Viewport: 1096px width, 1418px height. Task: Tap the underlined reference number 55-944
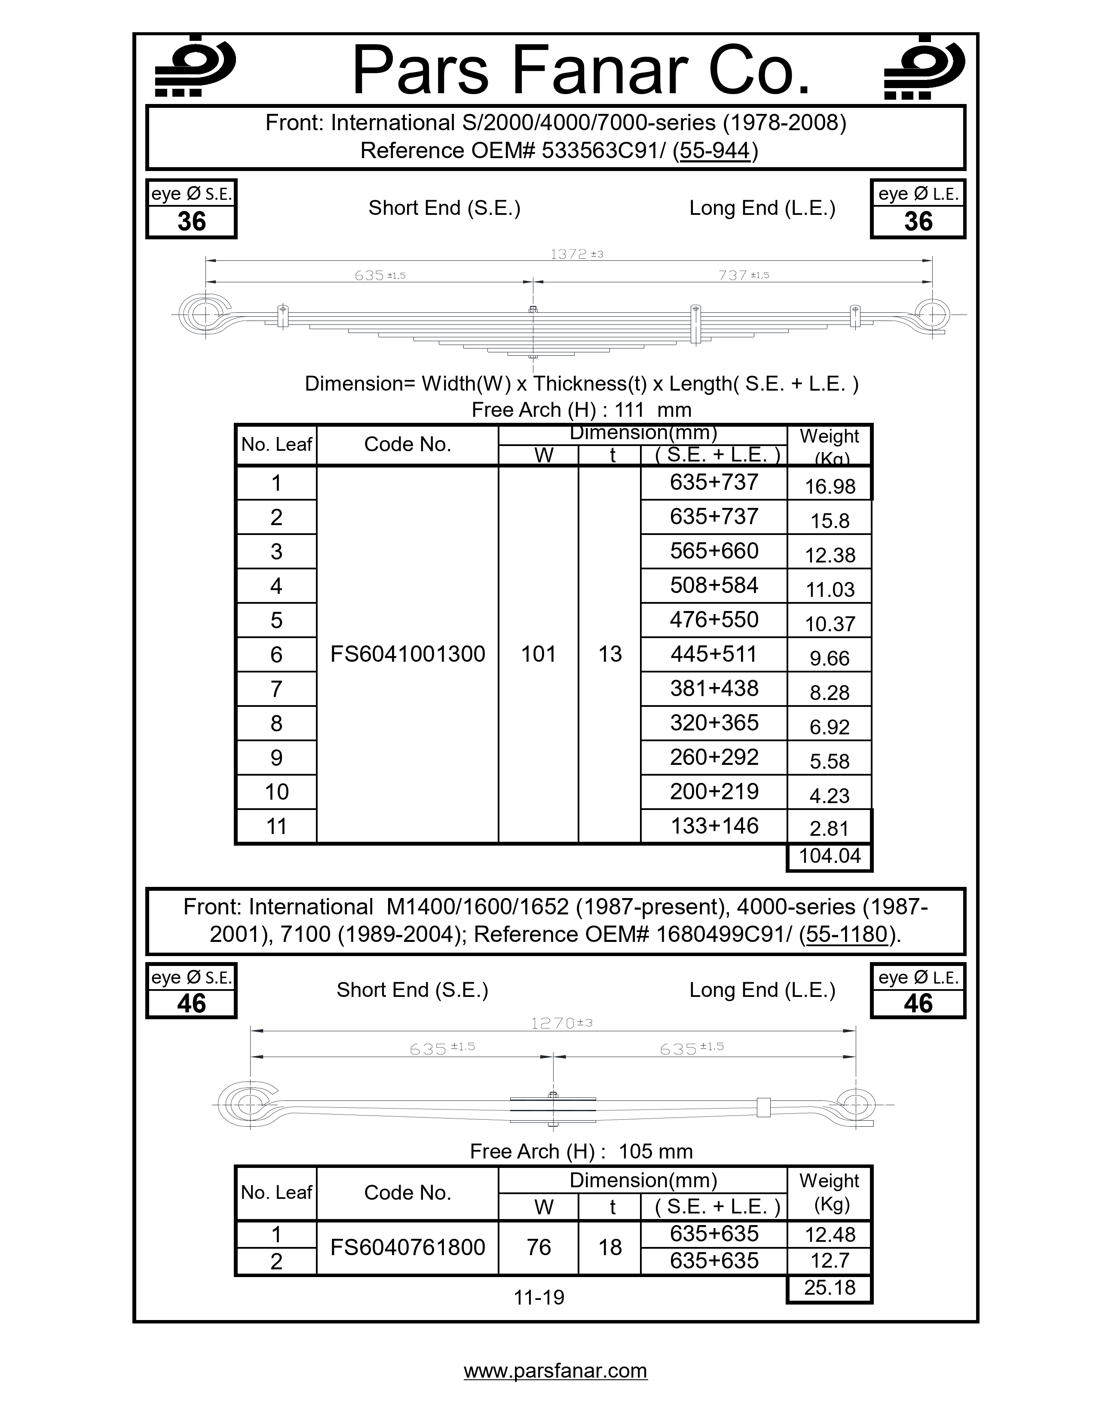(x=715, y=151)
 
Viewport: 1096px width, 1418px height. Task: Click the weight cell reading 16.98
(x=829, y=486)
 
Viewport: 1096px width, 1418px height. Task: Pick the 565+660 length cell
(x=713, y=551)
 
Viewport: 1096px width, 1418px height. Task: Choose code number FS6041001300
(x=407, y=654)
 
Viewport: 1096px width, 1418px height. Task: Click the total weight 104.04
(x=829, y=856)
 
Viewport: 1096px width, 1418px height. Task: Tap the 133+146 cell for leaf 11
(x=713, y=826)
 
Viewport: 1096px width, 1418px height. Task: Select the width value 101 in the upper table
(x=538, y=654)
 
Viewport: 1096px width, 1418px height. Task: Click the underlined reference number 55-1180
(x=846, y=934)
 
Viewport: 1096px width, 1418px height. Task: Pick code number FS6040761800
(x=407, y=1247)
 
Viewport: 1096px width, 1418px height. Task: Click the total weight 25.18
(x=829, y=1287)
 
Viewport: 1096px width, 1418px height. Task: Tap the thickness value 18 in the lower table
(x=610, y=1247)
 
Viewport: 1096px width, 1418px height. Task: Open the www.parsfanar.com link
(x=555, y=1371)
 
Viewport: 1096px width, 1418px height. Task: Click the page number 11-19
(x=538, y=1297)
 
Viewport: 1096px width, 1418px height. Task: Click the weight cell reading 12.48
(x=829, y=1234)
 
